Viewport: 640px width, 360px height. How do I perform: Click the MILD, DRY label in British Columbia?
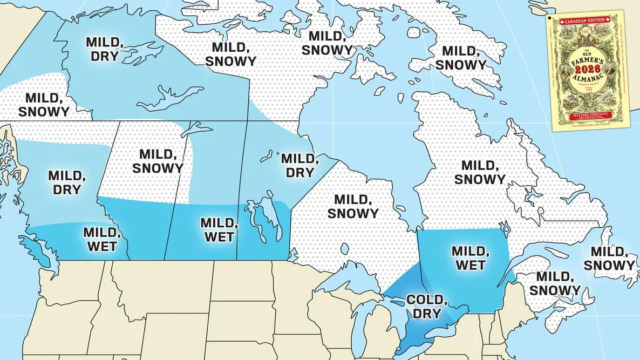point(67,182)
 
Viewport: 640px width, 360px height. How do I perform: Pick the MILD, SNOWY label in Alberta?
point(158,161)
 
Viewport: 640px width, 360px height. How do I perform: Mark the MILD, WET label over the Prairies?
point(218,230)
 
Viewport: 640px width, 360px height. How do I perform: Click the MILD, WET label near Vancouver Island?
point(100,239)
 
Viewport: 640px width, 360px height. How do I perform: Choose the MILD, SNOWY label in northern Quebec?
point(480,172)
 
